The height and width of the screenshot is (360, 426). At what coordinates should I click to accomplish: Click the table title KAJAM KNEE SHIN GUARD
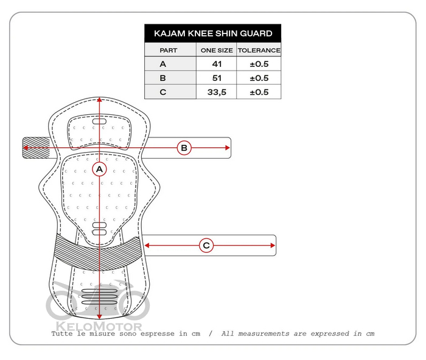tap(213, 33)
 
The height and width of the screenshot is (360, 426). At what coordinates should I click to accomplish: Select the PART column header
tap(169, 50)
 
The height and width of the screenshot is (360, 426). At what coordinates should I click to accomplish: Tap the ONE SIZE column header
tap(217, 50)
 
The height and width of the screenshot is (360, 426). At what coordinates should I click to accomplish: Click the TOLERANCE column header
tap(259, 50)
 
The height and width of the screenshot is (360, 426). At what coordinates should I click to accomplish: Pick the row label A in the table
tap(162, 64)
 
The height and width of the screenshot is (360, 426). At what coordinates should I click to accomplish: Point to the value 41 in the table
tap(217, 64)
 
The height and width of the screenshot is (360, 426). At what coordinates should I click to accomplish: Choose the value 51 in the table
tap(217, 78)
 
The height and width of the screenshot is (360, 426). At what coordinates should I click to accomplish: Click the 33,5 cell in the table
tap(217, 92)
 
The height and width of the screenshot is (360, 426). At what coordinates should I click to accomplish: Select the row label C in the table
tap(162, 92)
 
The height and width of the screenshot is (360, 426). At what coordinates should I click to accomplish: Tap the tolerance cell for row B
tap(259, 78)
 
